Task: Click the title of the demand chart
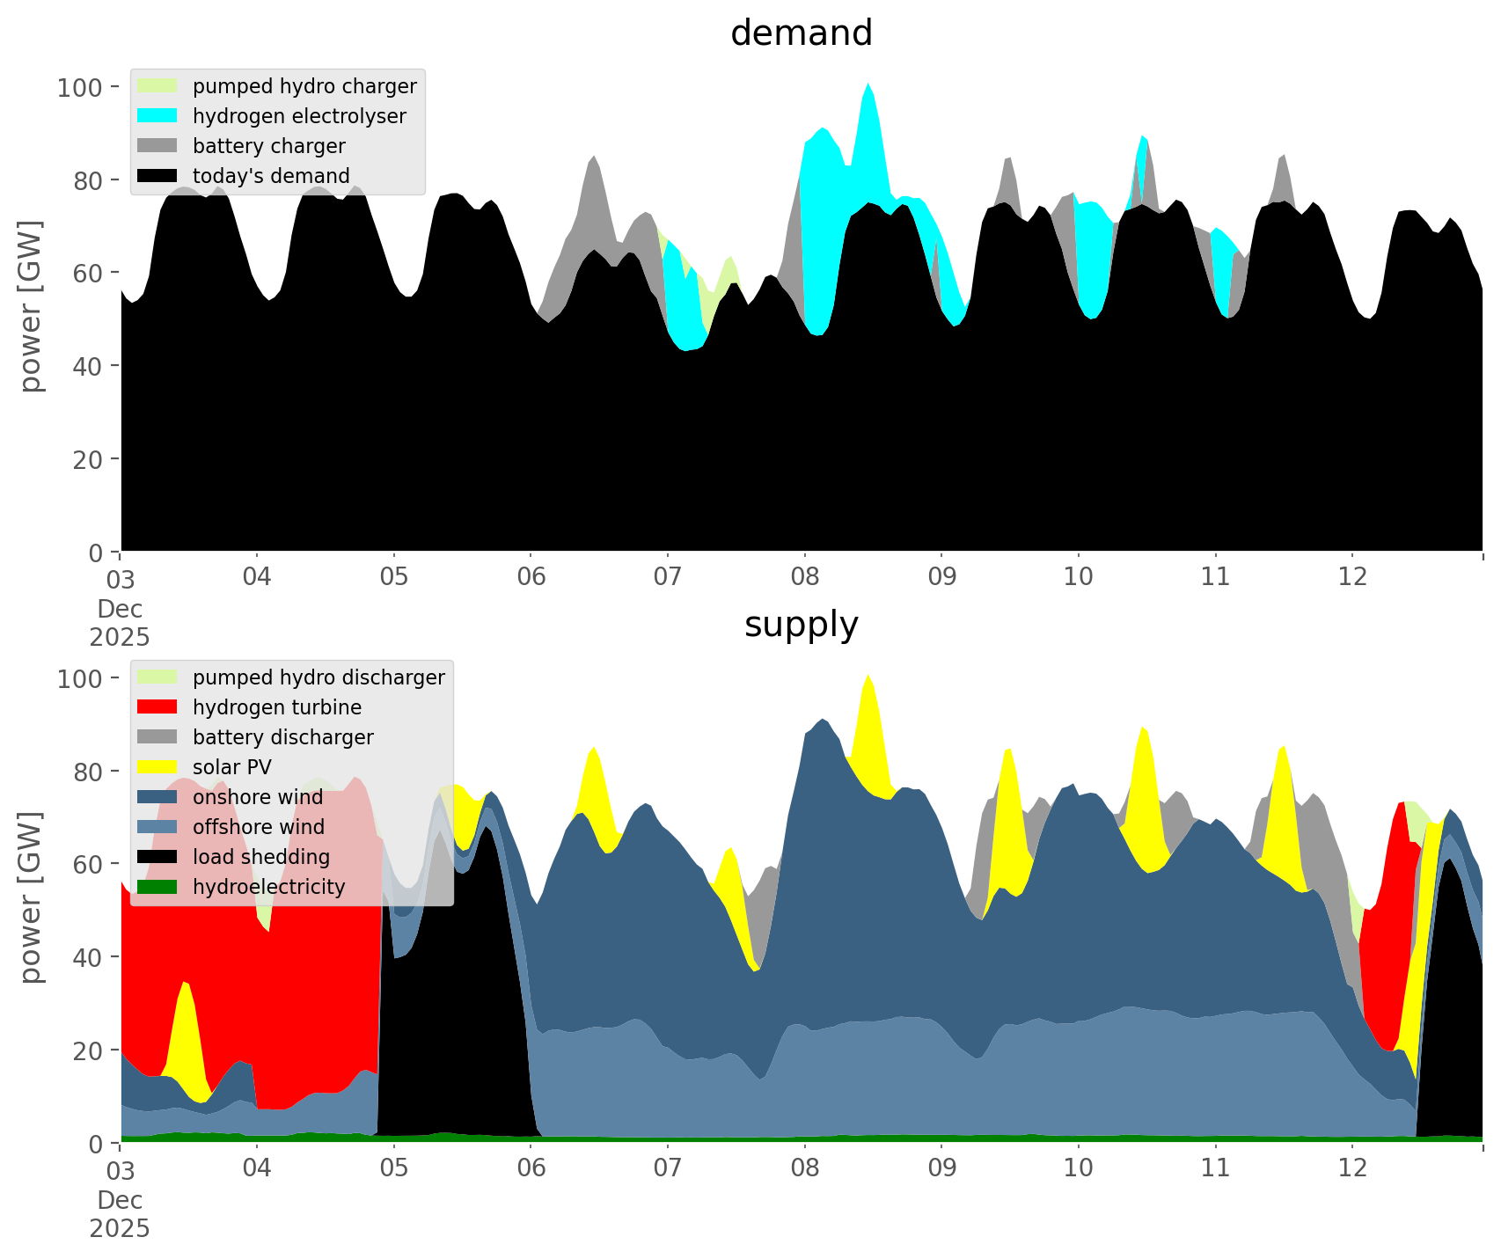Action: [x=801, y=33]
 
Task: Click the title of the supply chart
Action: [x=801, y=625]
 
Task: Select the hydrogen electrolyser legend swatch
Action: [x=157, y=116]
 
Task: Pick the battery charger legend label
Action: [x=268, y=146]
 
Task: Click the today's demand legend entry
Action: [x=271, y=176]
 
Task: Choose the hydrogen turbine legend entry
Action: [x=276, y=707]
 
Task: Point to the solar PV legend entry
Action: [x=232, y=767]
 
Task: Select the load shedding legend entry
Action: [x=260, y=857]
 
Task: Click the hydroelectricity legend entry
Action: [x=268, y=887]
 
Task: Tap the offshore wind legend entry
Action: [x=259, y=827]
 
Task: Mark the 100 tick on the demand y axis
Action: [x=80, y=87]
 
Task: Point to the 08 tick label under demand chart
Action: [x=804, y=577]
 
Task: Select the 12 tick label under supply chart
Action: [x=1352, y=1168]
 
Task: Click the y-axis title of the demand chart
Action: [x=30, y=306]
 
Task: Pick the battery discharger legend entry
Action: [x=282, y=737]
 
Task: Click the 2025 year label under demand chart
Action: [x=120, y=637]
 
